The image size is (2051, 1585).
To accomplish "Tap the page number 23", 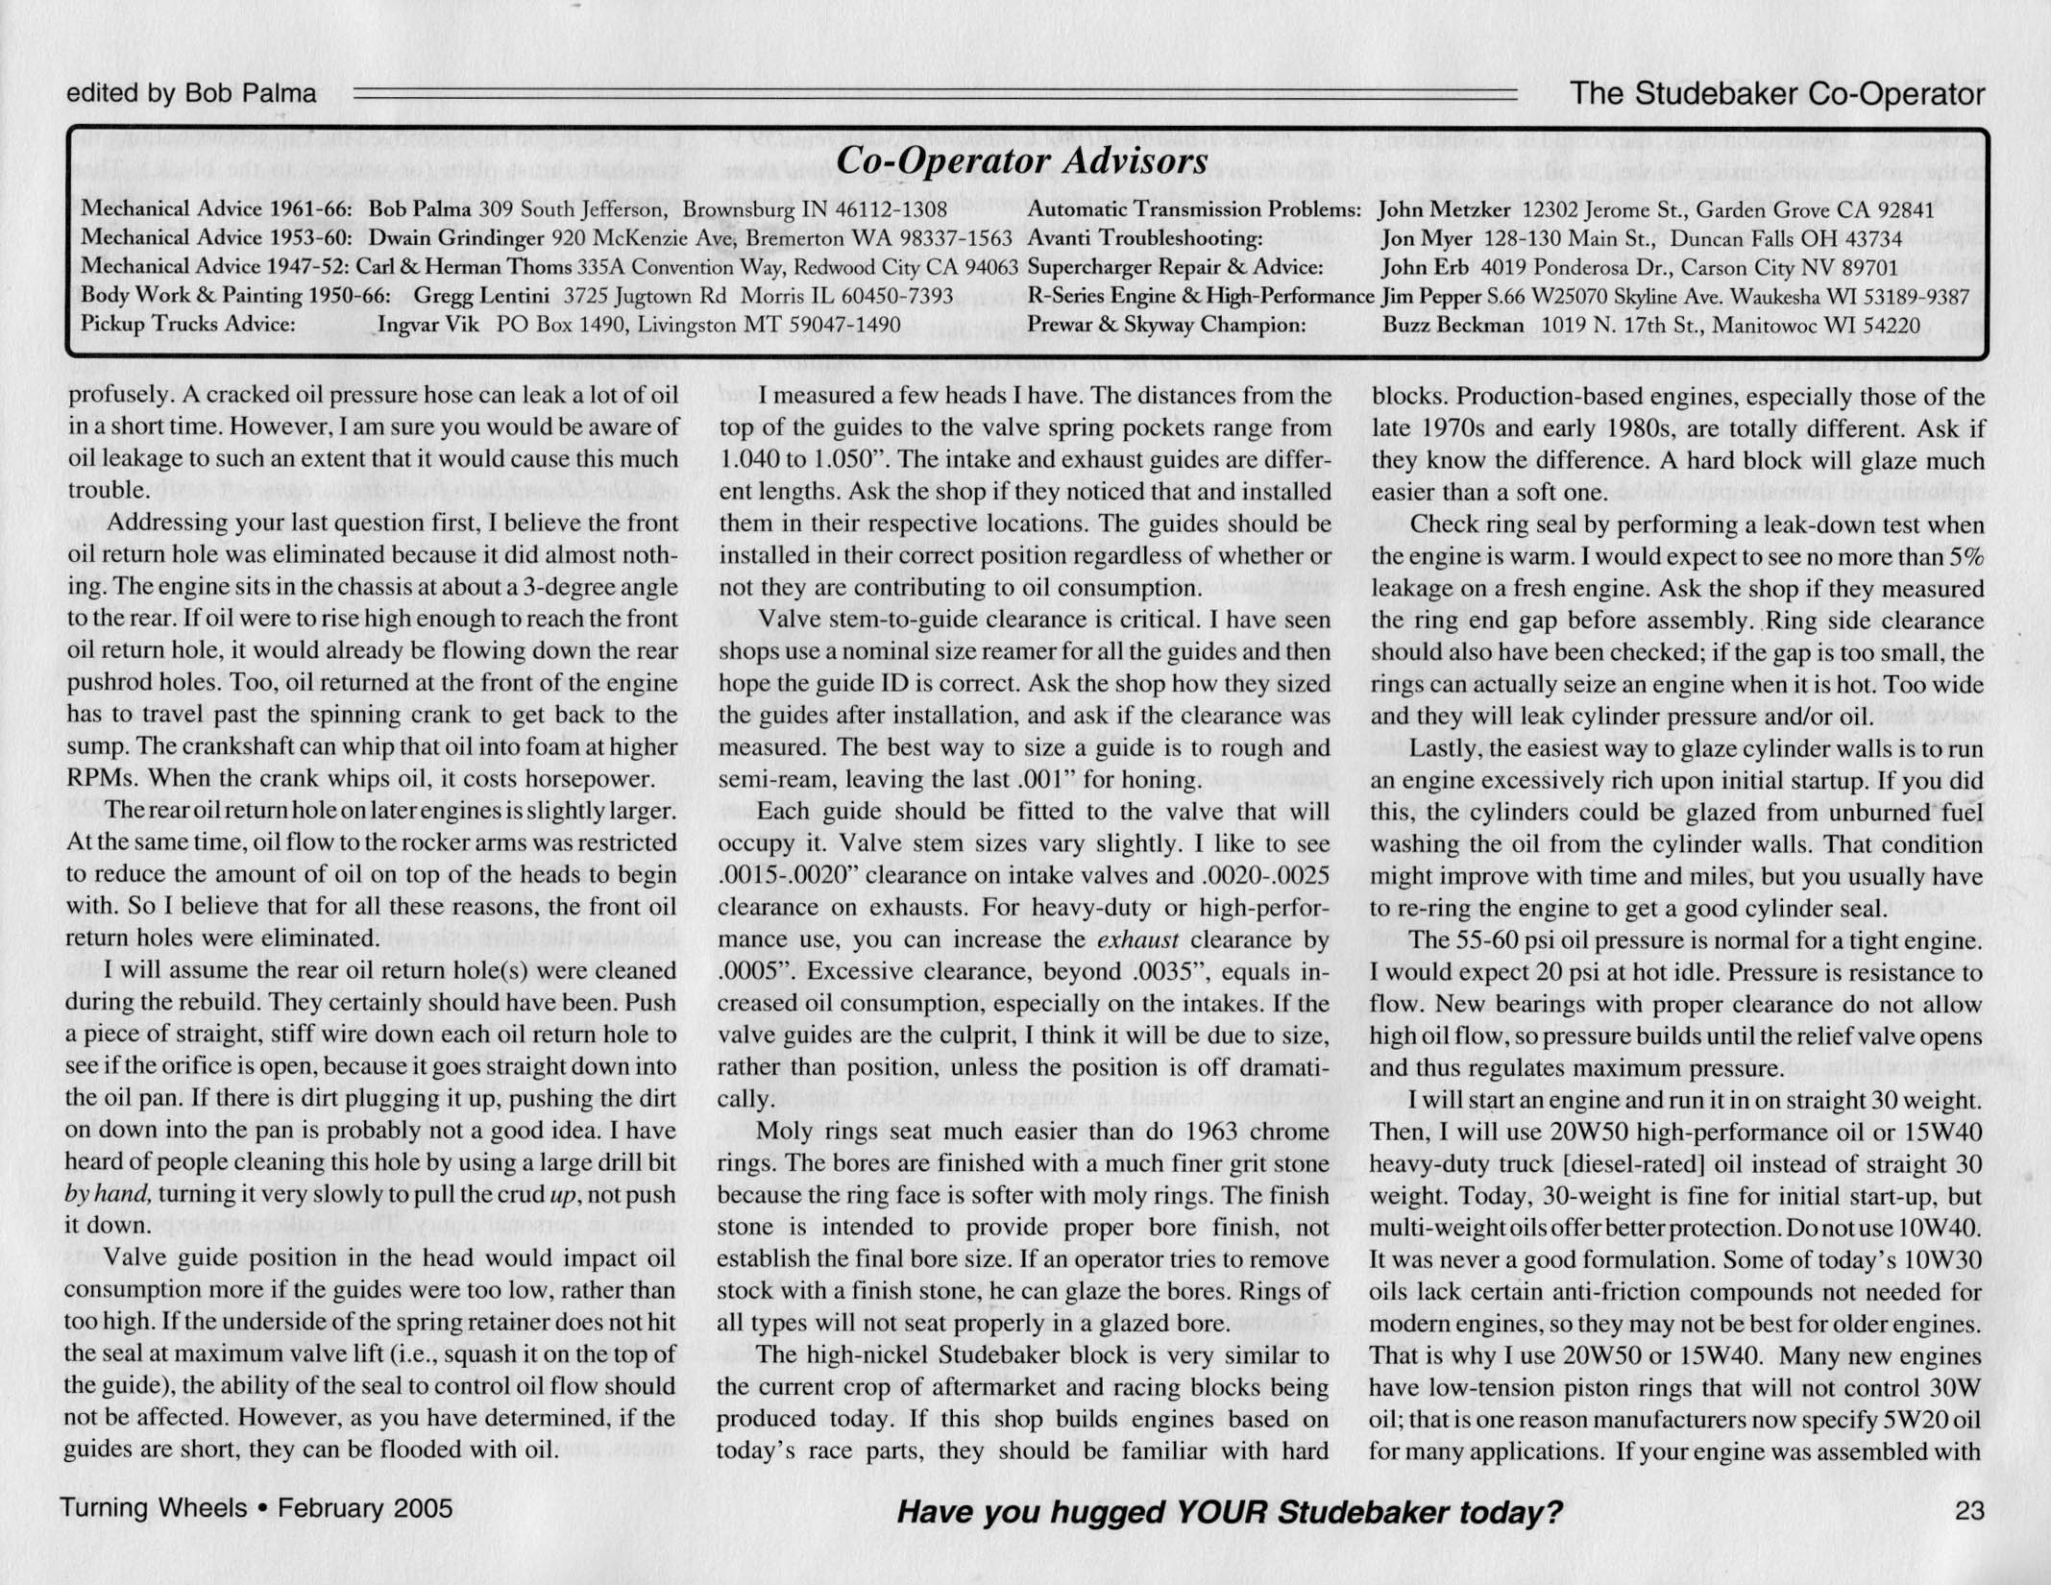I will pos(1968,1511).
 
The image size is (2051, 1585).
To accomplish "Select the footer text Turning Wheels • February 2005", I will pos(256,1508).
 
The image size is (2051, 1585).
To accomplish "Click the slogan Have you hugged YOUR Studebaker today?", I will pos(1229,1513).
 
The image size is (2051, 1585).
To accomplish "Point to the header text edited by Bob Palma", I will pos(191,94).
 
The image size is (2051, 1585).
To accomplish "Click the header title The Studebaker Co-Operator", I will pos(1776,94).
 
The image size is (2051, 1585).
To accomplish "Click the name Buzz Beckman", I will pos(1453,325).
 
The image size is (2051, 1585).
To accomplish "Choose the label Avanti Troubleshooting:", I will pos(1144,238).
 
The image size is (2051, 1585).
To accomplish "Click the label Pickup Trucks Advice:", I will pos(187,325).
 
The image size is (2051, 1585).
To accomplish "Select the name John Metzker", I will pos(1444,209).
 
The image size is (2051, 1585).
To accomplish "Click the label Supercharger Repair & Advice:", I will pos(1175,267).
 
